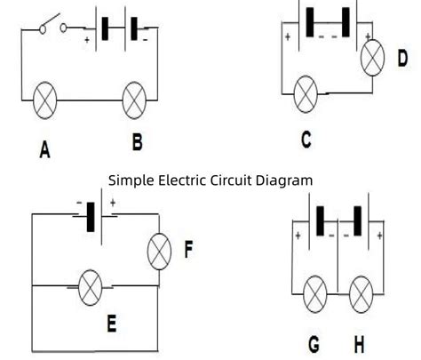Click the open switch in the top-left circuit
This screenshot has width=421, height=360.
(52, 28)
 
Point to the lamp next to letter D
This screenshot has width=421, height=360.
(374, 60)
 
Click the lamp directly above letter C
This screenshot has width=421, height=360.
(306, 90)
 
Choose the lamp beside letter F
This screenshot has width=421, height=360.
(159, 252)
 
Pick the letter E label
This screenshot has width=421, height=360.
(111, 325)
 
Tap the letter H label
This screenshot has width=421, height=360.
(358, 344)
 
